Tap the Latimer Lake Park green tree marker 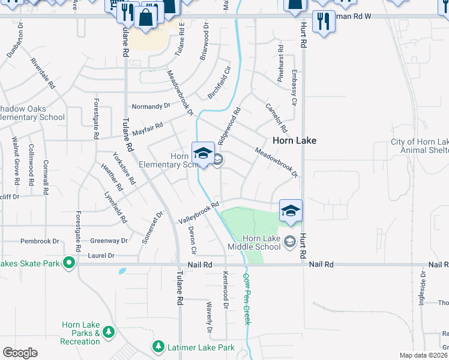(x=158, y=347)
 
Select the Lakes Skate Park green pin (x=69, y=262)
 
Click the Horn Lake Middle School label (x=254, y=242)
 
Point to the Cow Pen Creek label (x=247, y=299)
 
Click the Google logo (x=20, y=353)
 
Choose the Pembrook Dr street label (x=40, y=241)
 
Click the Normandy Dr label (x=151, y=106)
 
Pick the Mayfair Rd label (x=148, y=128)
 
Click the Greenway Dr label (x=109, y=241)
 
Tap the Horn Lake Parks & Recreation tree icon (x=109, y=331)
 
